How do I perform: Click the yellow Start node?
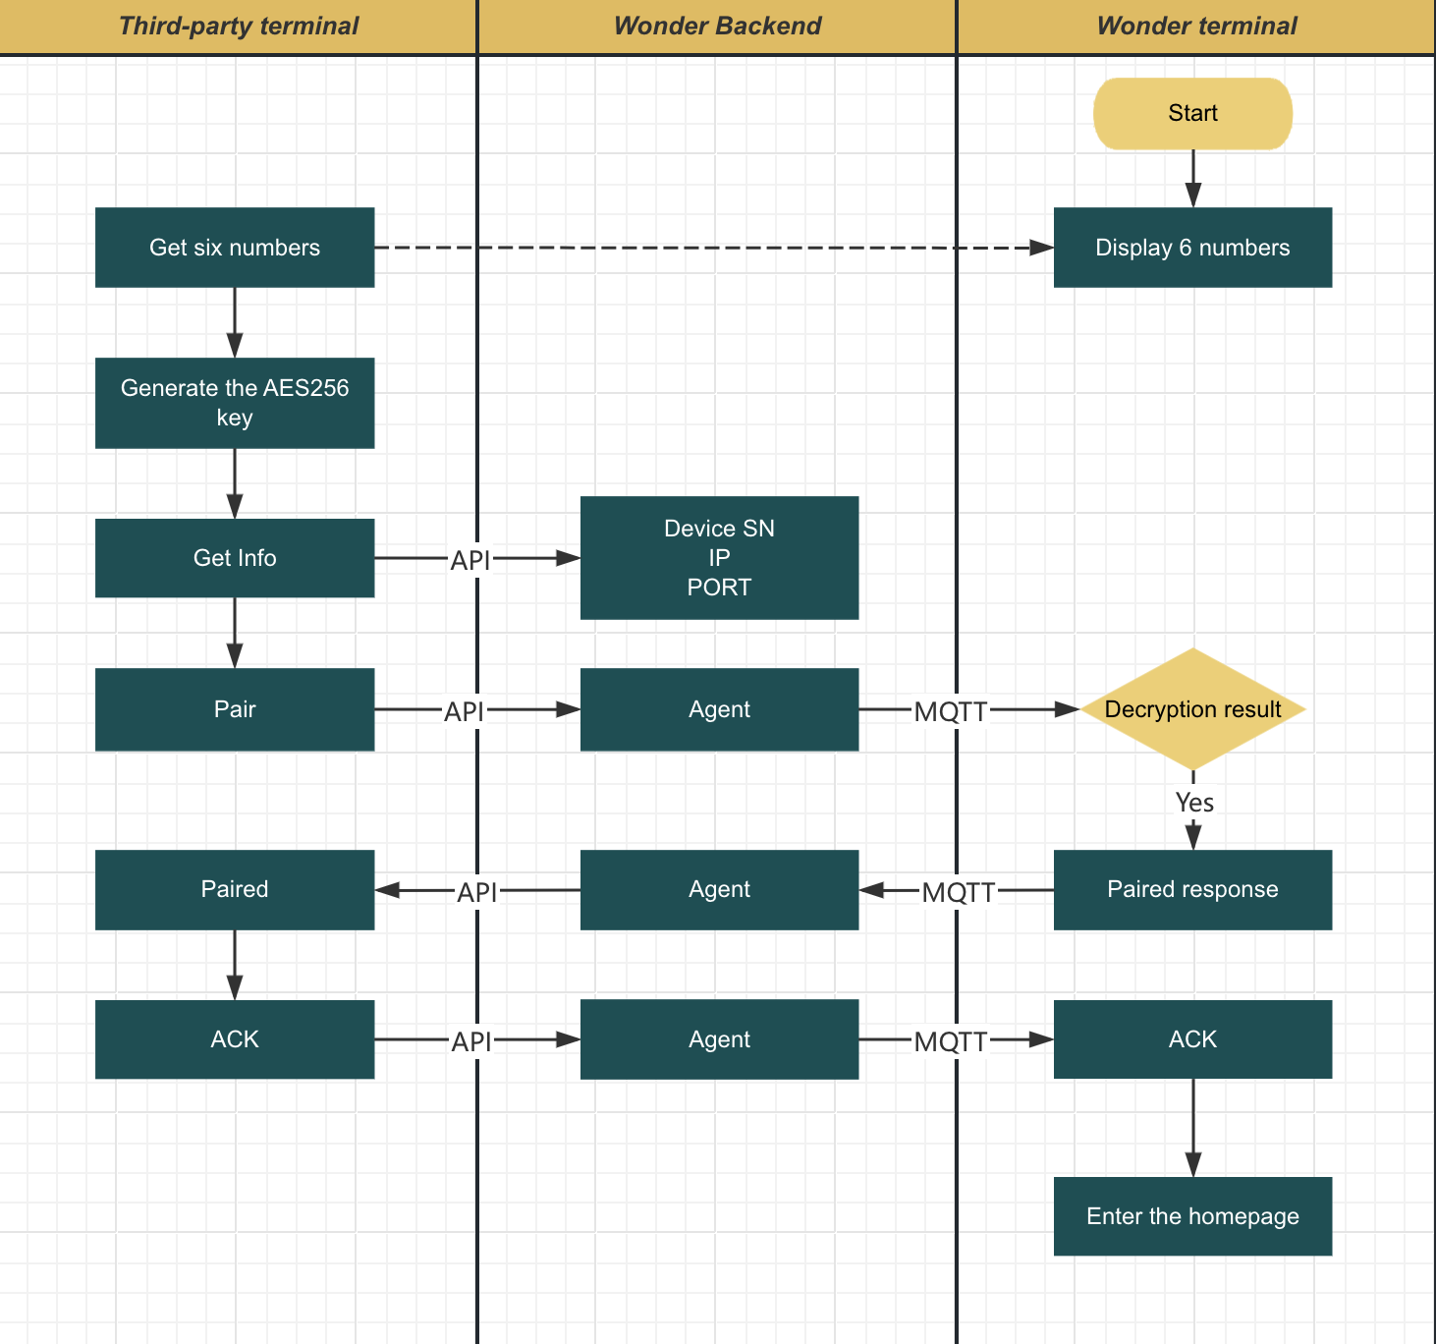click(1192, 114)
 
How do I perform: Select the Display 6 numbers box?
click(1192, 248)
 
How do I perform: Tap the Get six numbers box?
click(235, 248)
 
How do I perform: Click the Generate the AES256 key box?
click(235, 403)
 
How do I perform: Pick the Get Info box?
click(235, 558)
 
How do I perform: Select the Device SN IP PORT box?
click(719, 558)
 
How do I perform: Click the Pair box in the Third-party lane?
click(235, 709)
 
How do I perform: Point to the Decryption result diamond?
click(1192, 709)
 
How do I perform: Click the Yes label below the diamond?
click(1194, 803)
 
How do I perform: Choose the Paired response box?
click(1192, 890)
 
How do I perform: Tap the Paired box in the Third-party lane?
click(235, 890)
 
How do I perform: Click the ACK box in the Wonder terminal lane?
click(1192, 1039)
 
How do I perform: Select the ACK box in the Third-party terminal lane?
click(235, 1039)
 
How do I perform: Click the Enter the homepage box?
click(1192, 1216)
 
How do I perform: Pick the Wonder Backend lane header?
click(717, 27)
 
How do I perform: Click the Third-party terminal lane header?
click(239, 27)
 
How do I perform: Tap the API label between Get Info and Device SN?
click(469, 560)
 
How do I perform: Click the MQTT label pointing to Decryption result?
click(950, 711)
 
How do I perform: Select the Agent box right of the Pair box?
click(719, 709)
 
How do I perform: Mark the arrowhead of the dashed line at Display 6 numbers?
click(1042, 248)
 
